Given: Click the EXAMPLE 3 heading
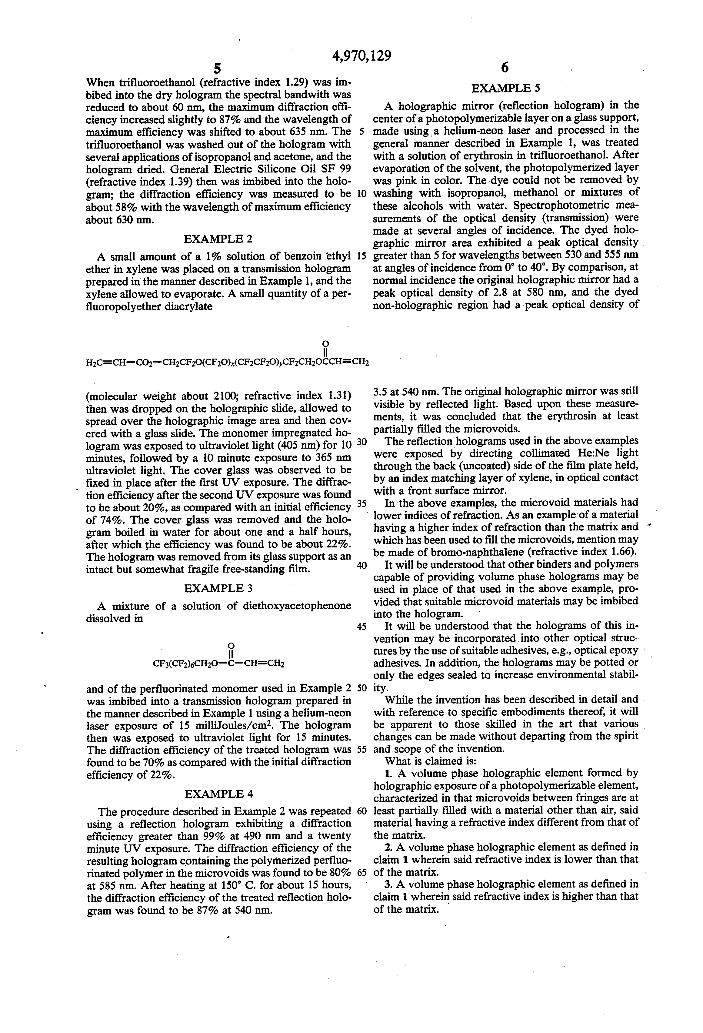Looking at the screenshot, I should coord(218,588).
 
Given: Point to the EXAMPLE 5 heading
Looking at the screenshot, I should coord(505,88).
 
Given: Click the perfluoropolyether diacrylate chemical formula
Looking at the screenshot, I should coord(227,361).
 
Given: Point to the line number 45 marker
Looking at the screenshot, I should coord(361,626).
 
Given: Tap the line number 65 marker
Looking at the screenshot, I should coord(361,872).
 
